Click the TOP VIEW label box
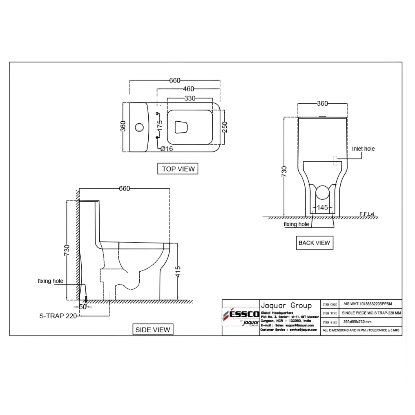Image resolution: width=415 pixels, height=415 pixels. (178, 169)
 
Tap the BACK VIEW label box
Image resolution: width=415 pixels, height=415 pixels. (314, 243)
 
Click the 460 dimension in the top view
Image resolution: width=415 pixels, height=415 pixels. (188, 89)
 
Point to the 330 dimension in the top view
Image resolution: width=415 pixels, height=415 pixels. (190, 98)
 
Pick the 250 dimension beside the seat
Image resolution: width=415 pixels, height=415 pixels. (224, 127)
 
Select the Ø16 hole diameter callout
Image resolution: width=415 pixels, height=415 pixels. (167, 149)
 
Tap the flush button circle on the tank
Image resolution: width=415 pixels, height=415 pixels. (140, 127)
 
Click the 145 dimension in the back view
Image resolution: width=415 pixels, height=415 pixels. (323, 208)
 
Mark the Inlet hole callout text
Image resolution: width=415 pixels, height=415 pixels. (363, 149)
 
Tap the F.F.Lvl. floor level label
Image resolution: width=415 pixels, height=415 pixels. (367, 214)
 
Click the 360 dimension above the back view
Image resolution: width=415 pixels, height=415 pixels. (322, 104)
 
